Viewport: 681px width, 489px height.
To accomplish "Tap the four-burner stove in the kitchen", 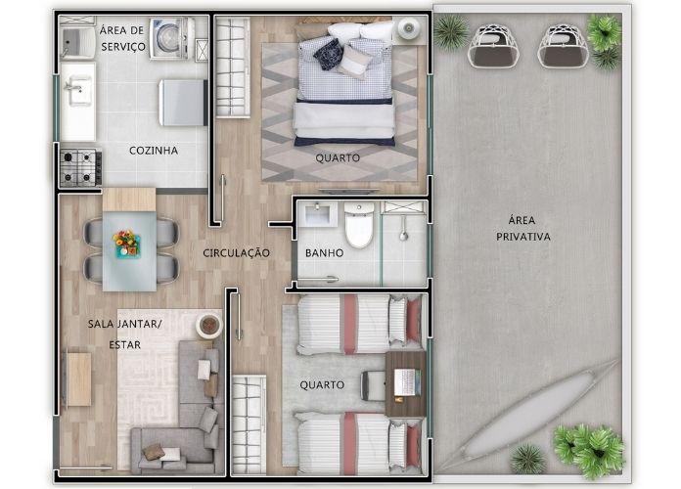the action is coord(81,167).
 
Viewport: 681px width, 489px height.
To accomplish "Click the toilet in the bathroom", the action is coord(359,224).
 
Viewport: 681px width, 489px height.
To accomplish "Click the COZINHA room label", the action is coord(154,151).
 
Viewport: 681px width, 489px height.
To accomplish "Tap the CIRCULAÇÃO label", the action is coord(236,252).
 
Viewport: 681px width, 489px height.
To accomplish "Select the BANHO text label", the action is coord(325,252).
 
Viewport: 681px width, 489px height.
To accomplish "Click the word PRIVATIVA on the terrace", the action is coord(523,237).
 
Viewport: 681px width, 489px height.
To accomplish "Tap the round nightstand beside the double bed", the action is coord(409,28).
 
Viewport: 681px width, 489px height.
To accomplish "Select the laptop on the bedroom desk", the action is coord(407,382).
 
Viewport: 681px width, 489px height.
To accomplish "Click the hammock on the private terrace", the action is coord(538,412).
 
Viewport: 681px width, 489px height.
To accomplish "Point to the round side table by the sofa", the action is coord(209,325).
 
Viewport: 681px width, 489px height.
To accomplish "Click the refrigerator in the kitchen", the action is coord(183,103).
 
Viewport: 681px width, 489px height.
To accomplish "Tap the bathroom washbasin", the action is coord(321,213).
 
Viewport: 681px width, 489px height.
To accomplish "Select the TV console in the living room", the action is coord(78,379).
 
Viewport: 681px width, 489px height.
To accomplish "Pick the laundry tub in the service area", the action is coord(77,42).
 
